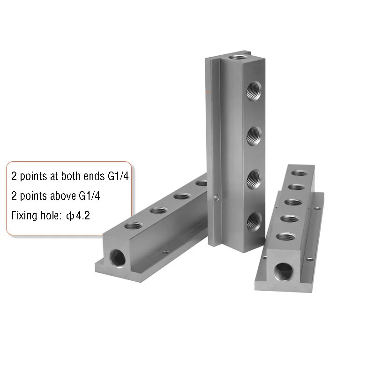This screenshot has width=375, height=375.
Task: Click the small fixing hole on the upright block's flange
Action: point(215,197)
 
